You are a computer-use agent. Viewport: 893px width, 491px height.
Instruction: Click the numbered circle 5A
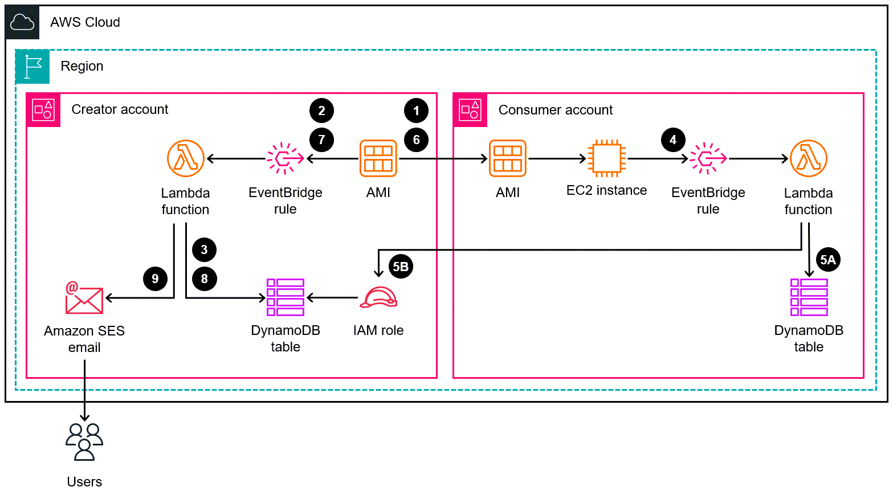coord(827,260)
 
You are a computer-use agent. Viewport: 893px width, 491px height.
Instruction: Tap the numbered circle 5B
coord(401,267)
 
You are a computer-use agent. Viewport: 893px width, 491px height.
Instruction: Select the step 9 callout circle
coord(155,279)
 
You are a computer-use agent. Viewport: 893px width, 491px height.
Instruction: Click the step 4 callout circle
coord(673,140)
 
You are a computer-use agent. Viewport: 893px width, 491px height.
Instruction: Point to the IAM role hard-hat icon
coord(378,298)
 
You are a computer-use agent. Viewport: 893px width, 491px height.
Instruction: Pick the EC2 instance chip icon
coord(607,158)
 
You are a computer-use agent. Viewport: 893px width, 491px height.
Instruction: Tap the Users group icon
coord(84,441)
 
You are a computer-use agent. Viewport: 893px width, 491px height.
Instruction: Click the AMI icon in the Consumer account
coord(507,158)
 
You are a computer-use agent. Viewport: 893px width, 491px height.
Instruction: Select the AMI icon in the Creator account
coord(378,158)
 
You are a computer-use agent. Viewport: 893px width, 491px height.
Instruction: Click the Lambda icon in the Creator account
coord(186,158)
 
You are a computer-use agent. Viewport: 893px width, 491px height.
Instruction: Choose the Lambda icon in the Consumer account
coord(808,158)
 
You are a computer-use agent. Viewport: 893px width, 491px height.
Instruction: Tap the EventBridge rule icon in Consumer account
coord(708,158)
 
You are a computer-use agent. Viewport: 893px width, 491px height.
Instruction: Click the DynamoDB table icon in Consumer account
coord(809,297)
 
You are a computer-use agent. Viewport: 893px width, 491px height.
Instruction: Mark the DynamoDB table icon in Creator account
coord(286,297)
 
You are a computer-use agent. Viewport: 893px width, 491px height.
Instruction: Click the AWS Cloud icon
coord(23,23)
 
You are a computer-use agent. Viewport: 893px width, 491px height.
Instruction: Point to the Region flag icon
coord(32,67)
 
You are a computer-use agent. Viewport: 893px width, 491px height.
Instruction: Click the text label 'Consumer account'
coord(555,110)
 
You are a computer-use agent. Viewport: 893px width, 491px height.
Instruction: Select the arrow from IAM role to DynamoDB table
coord(333,297)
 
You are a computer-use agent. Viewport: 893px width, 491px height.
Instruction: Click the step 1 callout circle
coord(417,111)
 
